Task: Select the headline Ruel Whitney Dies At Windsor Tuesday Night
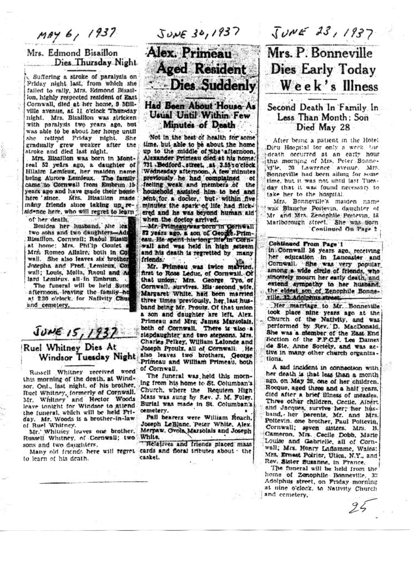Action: click(x=76, y=353)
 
